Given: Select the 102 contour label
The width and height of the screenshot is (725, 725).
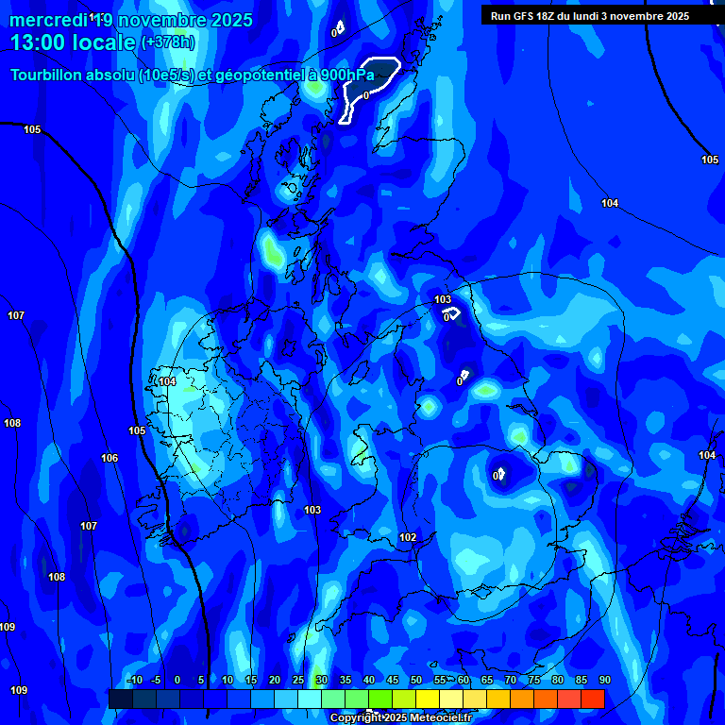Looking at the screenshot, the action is coord(408,538).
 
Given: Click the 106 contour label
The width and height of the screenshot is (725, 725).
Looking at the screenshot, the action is coord(110,458).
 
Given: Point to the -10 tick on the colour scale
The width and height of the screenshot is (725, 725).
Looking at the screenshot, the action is coord(134,681).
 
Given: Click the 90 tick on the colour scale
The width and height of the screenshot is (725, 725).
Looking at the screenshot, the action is coord(604,681).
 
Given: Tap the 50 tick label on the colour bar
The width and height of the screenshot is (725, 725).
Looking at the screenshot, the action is coord(416,681).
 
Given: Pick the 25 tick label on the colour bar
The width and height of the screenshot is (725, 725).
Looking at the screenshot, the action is coord(298,681).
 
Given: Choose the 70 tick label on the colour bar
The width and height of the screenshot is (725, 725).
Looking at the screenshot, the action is coord(511,681).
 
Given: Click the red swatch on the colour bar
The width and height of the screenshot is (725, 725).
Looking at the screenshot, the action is coord(592,699).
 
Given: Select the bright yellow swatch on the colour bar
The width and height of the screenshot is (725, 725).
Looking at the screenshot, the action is coord(428,699).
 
